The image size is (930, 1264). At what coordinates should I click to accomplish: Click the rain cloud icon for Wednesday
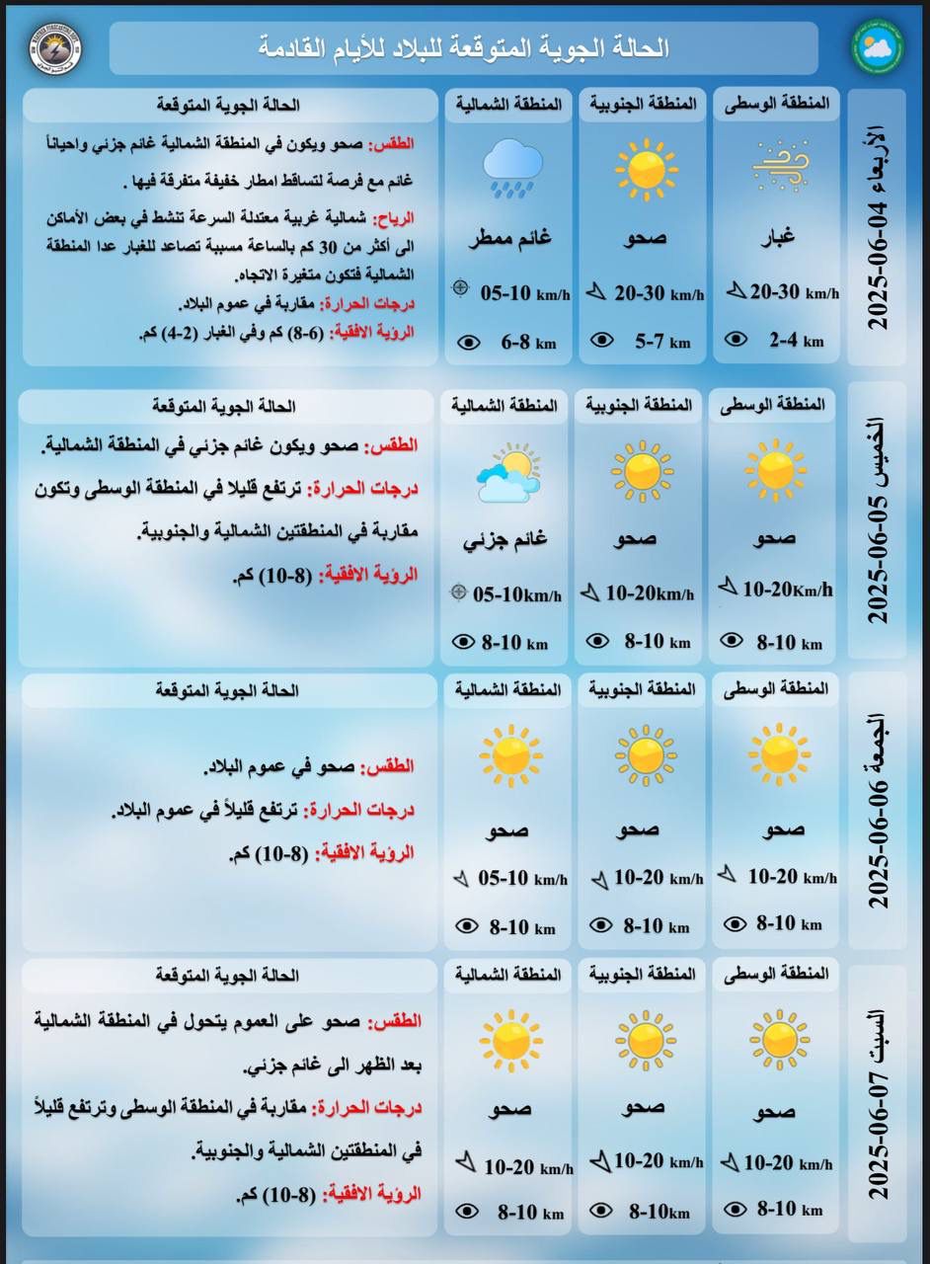510,166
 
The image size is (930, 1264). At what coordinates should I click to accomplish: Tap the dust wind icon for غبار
780,165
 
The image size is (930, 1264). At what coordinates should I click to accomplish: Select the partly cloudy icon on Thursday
507,472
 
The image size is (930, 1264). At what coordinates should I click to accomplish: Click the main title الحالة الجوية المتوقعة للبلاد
464,47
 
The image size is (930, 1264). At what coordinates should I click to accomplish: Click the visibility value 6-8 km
529,343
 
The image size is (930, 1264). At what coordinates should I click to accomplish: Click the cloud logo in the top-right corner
877,47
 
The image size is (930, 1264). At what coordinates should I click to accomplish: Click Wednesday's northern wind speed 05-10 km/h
524,293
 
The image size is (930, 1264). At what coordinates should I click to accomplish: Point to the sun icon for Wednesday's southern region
646,166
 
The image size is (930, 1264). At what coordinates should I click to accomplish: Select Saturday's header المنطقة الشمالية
507,974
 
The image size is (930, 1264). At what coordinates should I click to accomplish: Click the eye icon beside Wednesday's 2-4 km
736,340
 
